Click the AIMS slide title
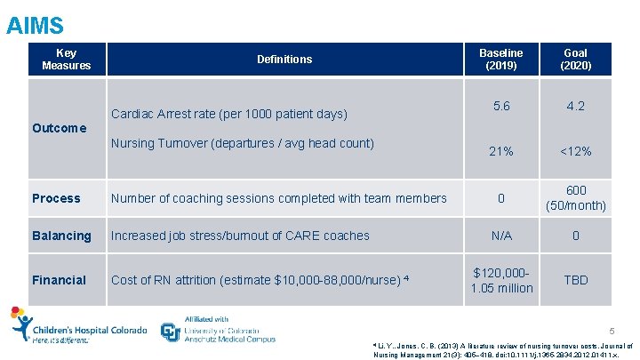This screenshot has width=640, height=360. point(35,24)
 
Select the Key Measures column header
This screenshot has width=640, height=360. point(66,60)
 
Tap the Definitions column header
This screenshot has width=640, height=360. point(284,60)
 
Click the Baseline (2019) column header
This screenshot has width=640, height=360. point(501,60)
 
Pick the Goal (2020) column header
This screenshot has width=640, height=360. point(575,60)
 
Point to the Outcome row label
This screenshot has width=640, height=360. point(59,128)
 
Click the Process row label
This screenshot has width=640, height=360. point(56,198)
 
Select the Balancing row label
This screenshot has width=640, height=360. point(61,236)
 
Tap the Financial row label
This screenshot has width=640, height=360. point(59,280)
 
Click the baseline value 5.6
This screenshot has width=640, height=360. point(501,106)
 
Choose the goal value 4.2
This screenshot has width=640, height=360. point(575,106)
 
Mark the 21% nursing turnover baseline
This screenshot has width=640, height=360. point(501,151)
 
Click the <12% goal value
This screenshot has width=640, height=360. point(575,151)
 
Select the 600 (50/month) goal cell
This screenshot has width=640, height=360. point(575,198)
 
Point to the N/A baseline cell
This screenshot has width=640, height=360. point(501,236)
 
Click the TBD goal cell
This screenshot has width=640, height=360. point(575,280)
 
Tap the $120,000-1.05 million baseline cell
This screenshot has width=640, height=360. point(502,280)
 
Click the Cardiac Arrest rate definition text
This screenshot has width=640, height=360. point(228,115)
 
